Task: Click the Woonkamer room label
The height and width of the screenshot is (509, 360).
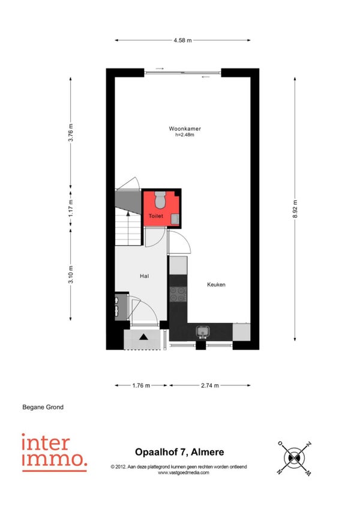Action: coord(185,128)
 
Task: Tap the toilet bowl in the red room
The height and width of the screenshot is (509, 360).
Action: coord(160,200)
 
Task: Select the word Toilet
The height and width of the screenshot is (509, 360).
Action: coord(156,216)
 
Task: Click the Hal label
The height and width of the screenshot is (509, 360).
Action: coord(145,276)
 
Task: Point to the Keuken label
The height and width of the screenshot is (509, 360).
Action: coord(216,285)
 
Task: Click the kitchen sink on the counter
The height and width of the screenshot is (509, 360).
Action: coord(203,332)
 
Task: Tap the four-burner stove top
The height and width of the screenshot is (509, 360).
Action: coord(178,294)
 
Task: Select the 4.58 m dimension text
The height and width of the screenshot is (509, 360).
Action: coord(182,41)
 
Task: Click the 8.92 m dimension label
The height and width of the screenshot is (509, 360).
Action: coord(295,209)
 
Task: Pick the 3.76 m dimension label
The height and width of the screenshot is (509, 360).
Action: coord(70,133)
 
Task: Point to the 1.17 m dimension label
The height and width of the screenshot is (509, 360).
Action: coord(70,208)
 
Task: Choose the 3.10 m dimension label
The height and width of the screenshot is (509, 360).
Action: coord(70,274)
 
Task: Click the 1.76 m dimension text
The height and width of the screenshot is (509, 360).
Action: coord(141,385)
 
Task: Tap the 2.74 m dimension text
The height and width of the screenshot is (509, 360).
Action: coord(210,385)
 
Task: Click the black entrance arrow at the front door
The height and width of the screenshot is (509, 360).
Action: coord(143,337)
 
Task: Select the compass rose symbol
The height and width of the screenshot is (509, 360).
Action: coord(295,458)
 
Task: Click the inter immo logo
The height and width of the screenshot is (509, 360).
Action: coord(54,453)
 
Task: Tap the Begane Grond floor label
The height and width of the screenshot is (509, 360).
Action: coord(43,407)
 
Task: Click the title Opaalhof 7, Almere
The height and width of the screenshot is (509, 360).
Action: coord(179,452)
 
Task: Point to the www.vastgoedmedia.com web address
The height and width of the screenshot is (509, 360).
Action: coord(184,472)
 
